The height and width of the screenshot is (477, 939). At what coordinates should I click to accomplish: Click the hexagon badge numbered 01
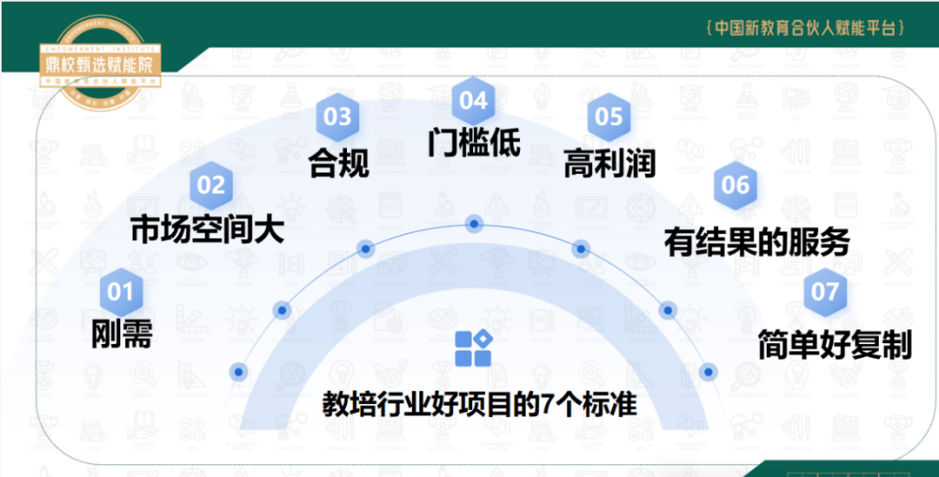[121, 292]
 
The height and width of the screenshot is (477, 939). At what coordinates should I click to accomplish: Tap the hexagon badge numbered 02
[210, 185]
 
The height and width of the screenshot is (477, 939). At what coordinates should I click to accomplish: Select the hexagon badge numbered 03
[337, 117]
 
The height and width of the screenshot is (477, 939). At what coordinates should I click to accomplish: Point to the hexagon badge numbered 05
[609, 117]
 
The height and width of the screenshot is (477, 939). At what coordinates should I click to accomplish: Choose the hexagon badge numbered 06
[735, 185]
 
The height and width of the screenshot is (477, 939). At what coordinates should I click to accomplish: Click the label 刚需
[122, 334]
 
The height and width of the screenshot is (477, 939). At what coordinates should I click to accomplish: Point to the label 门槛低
[474, 141]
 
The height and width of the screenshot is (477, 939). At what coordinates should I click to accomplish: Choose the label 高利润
[609, 162]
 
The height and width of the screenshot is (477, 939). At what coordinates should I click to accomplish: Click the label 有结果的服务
[756, 241]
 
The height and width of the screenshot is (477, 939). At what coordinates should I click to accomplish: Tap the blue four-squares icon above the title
[474, 348]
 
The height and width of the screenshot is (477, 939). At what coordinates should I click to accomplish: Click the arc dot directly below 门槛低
[474, 224]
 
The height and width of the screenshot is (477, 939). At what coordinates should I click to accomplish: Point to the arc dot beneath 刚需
[238, 372]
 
